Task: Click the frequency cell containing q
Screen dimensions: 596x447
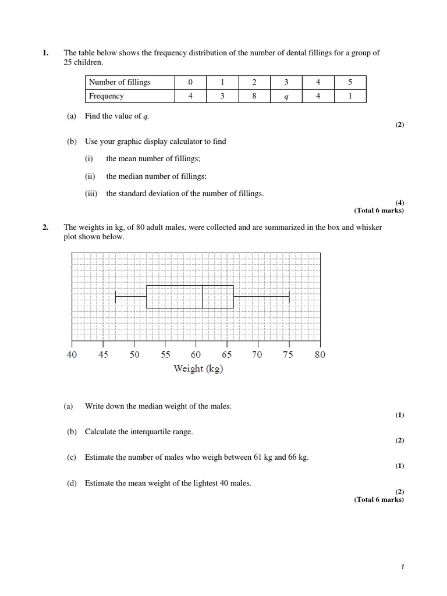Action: pyautogui.click(x=286, y=97)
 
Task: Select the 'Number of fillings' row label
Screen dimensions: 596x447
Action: pyautogui.click(x=119, y=82)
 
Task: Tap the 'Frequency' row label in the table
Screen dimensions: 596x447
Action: pyautogui.click(x=106, y=97)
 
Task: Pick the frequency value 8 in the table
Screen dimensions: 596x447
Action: pyautogui.click(x=254, y=97)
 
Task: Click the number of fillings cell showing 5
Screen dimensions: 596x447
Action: pyautogui.click(x=350, y=82)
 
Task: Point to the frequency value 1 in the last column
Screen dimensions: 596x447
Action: pyautogui.click(x=350, y=97)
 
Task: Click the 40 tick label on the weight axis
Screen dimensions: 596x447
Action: pyautogui.click(x=72, y=354)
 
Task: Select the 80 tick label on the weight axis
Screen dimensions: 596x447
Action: pyautogui.click(x=320, y=354)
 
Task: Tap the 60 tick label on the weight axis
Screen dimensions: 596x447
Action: pyautogui.click(x=196, y=354)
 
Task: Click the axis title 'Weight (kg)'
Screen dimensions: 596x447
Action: pyautogui.click(x=198, y=368)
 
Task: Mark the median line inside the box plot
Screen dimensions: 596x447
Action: pyautogui.click(x=202, y=297)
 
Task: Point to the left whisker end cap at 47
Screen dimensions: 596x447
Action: pyautogui.click(x=115, y=297)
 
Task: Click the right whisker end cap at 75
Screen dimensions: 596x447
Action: pyautogui.click(x=289, y=297)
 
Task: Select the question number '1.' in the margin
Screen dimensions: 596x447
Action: pyautogui.click(x=45, y=53)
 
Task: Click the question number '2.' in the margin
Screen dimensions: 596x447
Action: pyautogui.click(x=45, y=228)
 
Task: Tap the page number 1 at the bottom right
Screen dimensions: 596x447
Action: pyautogui.click(x=402, y=566)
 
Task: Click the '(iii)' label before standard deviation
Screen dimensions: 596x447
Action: pyautogui.click(x=91, y=194)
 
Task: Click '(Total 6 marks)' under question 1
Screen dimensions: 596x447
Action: pyautogui.click(x=378, y=211)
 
